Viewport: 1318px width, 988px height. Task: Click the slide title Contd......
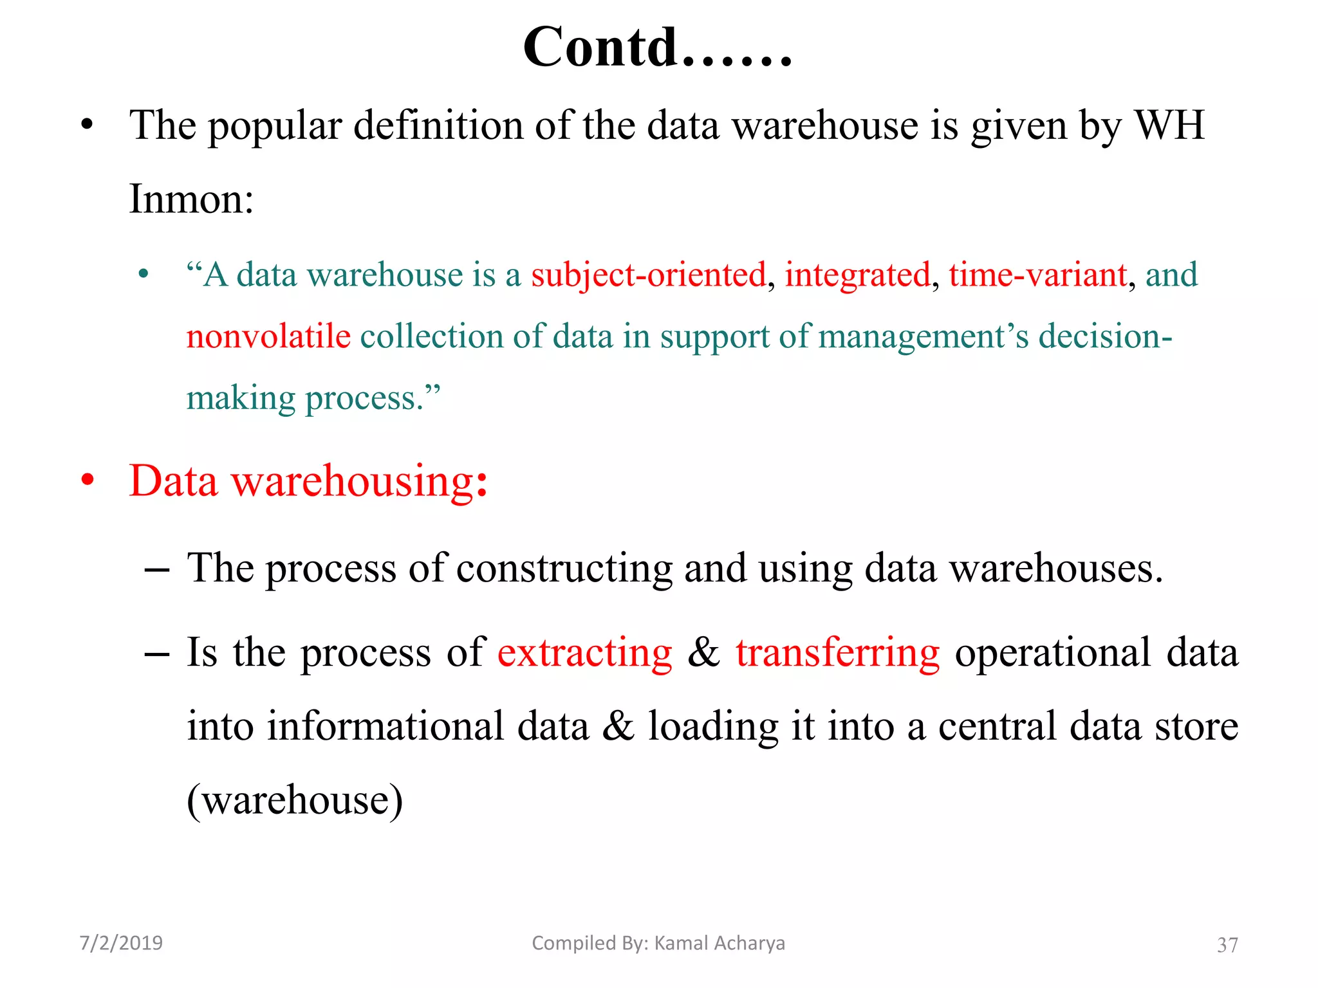point(656,48)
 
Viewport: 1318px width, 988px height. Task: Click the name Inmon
point(191,199)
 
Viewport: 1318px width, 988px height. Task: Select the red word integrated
point(858,275)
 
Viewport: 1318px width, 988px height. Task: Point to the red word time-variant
point(1038,275)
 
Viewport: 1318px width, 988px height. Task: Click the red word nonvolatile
point(268,336)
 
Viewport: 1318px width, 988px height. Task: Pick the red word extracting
point(584,653)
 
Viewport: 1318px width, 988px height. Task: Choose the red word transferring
point(837,653)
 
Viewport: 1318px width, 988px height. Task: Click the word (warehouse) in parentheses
point(295,800)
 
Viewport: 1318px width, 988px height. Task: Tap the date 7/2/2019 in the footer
point(121,943)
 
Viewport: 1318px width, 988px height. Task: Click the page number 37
point(1227,945)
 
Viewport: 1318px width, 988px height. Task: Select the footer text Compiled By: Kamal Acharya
point(658,943)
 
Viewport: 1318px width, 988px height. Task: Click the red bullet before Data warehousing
point(88,480)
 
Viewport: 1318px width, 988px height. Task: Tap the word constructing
point(564,569)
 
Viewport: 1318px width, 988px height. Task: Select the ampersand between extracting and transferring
point(703,653)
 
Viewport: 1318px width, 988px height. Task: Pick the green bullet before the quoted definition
point(144,275)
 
